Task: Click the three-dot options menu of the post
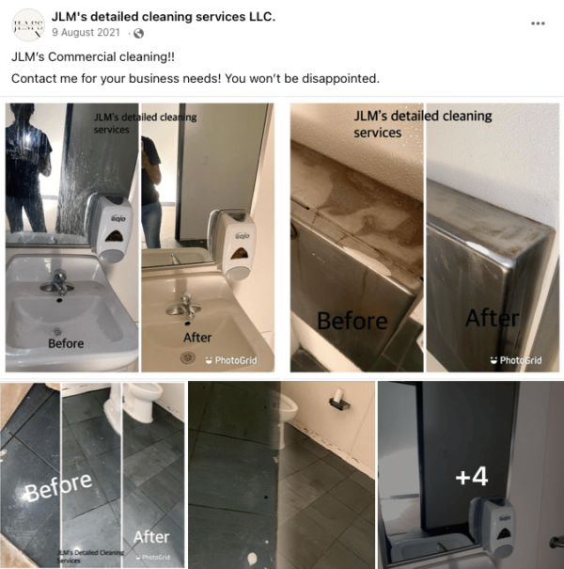(538, 23)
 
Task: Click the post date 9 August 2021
(86, 33)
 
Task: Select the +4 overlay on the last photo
(471, 477)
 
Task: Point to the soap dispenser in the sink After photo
(229, 242)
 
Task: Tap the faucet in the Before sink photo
(58, 281)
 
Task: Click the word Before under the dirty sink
(66, 343)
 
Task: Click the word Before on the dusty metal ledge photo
(352, 321)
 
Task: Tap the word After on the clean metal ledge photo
(491, 317)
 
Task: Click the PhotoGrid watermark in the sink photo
(230, 359)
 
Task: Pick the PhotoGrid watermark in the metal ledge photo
(516, 359)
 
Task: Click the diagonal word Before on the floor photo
(58, 488)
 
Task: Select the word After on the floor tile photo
(151, 537)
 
